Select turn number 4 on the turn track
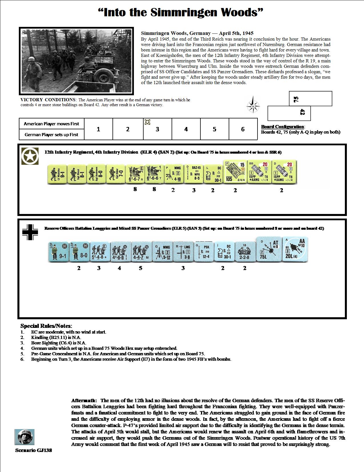(x=186, y=129)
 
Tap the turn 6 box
(x=243, y=129)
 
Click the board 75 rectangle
(x=310, y=99)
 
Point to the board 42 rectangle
(x=289, y=113)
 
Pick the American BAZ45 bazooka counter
(x=193, y=174)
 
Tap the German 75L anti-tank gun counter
(x=267, y=249)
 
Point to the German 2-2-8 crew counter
(x=244, y=251)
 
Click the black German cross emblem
(x=30, y=232)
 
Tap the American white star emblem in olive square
(x=30, y=156)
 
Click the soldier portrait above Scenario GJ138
(x=24, y=437)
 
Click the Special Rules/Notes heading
(x=46, y=326)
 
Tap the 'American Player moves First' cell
(x=51, y=124)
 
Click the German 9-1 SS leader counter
(x=60, y=251)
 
